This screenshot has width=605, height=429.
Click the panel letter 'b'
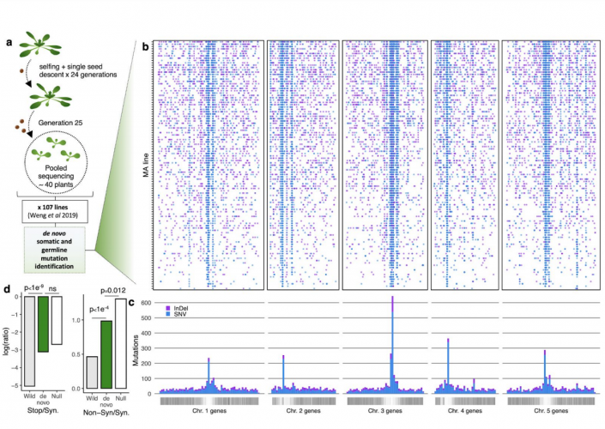(x=144, y=39)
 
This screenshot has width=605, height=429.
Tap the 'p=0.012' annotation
(x=109, y=292)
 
